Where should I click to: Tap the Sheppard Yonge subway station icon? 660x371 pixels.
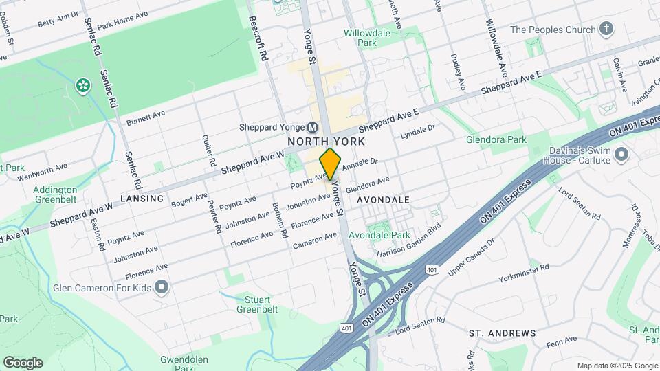click(x=313, y=127)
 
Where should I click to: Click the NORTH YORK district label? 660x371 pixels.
click(x=326, y=141)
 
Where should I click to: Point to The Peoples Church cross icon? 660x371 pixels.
click(x=606, y=29)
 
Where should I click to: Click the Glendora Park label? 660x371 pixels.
click(x=496, y=139)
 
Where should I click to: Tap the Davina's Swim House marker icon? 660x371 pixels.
click(x=621, y=154)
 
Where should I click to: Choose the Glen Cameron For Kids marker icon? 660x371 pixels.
click(x=162, y=286)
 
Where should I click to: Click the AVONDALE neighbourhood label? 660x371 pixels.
click(x=383, y=199)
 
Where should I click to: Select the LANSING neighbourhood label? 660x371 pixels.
click(x=142, y=199)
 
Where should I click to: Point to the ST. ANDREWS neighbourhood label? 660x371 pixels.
click(x=502, y=333)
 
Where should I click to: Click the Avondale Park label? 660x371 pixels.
click(x=379, y=235)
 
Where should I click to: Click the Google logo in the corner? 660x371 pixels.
click(x=23, y=362)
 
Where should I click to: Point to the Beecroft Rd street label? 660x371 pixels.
click(x=258, y=40)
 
